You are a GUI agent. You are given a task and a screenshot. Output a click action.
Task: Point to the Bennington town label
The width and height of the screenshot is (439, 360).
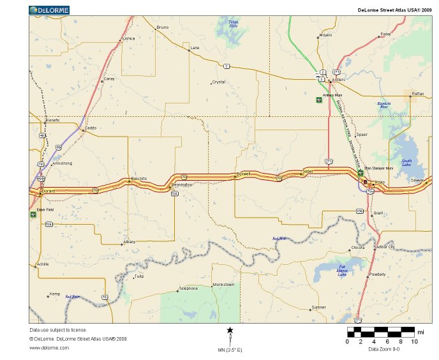click(181, 184)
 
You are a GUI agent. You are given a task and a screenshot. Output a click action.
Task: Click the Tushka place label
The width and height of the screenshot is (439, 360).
click(128, 39)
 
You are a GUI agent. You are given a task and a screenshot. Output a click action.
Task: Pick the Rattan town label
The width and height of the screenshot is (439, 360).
click(418, 94)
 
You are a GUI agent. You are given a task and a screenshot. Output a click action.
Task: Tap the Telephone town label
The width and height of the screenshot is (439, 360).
click(188, 289)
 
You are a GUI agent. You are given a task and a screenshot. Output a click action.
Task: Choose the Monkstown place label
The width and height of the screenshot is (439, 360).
click(223, 284)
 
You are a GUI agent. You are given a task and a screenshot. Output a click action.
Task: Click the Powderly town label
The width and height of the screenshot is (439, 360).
click(378, 274)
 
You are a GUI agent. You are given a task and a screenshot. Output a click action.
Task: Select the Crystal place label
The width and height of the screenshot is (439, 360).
click(219, 82)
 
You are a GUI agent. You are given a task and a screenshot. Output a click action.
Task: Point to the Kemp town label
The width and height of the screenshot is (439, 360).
click(55, 294)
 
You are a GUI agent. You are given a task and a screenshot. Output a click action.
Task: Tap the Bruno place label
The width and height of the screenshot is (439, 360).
click(163, 27)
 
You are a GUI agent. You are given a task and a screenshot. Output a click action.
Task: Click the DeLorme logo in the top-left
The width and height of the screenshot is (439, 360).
click(49, 10)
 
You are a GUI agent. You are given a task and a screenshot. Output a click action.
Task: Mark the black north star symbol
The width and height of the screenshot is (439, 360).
click(230, 330)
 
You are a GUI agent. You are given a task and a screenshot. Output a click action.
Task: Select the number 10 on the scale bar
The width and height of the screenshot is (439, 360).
click(415, 341)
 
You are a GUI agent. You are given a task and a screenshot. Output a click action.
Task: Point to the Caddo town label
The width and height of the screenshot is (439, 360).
click(90, 128)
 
